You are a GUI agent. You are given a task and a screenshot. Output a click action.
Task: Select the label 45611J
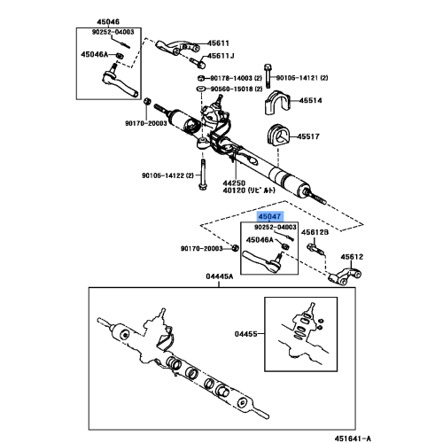221,56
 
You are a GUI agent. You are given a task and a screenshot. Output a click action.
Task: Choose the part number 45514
311,102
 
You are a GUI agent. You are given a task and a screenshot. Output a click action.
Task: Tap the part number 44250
235,180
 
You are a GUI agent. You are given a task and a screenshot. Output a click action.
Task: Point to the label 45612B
316,232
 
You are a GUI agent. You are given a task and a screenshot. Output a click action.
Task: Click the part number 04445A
219,277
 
